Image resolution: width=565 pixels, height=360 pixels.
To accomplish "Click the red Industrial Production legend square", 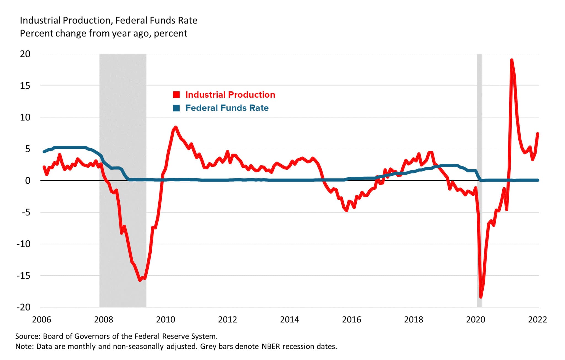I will point(176,95).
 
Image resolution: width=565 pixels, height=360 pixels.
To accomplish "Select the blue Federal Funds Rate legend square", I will point(176,108).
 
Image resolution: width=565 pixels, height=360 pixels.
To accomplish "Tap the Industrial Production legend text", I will point(230,95).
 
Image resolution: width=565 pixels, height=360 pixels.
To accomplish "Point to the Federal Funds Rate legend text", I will point(227,108).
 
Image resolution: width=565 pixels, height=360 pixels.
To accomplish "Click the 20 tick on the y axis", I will point(25,54).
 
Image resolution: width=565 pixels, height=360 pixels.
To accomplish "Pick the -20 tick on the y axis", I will point(24,307).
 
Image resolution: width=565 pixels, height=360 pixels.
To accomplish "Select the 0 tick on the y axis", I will point(28,181).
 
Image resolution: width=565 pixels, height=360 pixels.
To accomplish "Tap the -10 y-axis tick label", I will point(24,244).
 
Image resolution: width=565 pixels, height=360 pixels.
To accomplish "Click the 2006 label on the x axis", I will point(42,319).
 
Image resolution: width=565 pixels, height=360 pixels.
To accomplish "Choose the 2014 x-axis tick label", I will point(289,319).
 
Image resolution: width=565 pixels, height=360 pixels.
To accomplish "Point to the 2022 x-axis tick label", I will point(537,319).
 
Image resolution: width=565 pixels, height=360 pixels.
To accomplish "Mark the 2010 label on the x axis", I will point(166,319).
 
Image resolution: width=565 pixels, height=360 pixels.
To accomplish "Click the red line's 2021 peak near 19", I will point(511,60).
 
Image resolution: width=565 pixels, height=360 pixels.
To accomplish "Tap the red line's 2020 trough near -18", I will point(481,297).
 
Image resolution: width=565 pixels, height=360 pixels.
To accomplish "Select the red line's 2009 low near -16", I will point(140,280).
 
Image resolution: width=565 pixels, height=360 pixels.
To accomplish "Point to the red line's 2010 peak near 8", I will point(175,127).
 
